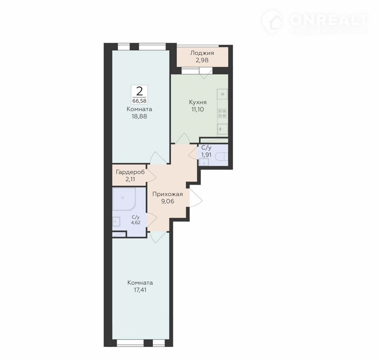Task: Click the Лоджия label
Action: pos(202,53)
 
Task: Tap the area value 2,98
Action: pos(202,60)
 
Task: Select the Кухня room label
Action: pos(198,102)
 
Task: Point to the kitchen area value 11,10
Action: pos(198,110)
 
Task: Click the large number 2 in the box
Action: pos(139,91)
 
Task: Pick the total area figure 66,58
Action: pos(139,101)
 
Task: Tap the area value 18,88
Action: pos(139,116)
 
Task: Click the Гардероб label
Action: pos(130,172)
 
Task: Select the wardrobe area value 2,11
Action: pos(130,179)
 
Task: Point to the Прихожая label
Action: pos(167,194)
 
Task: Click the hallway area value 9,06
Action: pos(168,201)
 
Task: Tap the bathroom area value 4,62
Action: pos(136,222)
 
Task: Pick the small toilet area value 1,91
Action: pos(206,155)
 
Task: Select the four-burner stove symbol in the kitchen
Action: pos(222,114)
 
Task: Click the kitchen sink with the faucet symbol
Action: pos(222,129)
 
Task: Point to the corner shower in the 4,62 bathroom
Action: pos(124,199)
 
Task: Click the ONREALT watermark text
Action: pos(329,20)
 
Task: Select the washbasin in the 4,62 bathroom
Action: pos(116,222)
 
